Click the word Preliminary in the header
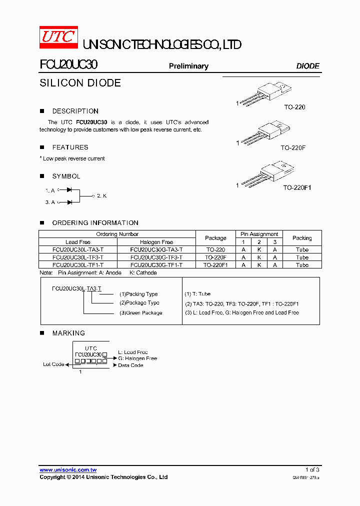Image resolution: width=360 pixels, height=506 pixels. point(188,66)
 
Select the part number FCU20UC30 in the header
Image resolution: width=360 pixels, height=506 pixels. point(68,65)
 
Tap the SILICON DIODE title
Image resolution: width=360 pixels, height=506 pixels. point(80,83)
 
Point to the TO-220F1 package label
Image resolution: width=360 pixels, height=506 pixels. point(297,187)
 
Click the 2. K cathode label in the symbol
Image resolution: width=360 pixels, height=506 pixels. point(102,195)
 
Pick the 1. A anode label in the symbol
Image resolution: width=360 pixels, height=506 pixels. point(49,190)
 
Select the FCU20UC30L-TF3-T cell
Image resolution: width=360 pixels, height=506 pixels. point(78,257)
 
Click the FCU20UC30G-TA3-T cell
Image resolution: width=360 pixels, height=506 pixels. point(156,249)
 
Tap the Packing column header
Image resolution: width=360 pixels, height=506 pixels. point(302,238)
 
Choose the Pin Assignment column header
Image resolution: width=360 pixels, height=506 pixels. point(259,234)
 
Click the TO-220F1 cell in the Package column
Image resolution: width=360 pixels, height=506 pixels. point(215,265)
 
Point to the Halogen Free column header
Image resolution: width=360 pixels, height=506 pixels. point(156,242)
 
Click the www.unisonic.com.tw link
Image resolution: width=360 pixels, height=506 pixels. point(68,470)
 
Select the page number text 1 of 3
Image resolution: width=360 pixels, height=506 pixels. point(312,470)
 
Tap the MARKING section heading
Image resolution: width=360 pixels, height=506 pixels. point(68,333)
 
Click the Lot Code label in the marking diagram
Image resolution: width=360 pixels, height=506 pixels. point(53,364)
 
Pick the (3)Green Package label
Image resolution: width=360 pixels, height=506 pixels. point(140,313)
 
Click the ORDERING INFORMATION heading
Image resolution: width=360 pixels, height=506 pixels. point(95,223)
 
